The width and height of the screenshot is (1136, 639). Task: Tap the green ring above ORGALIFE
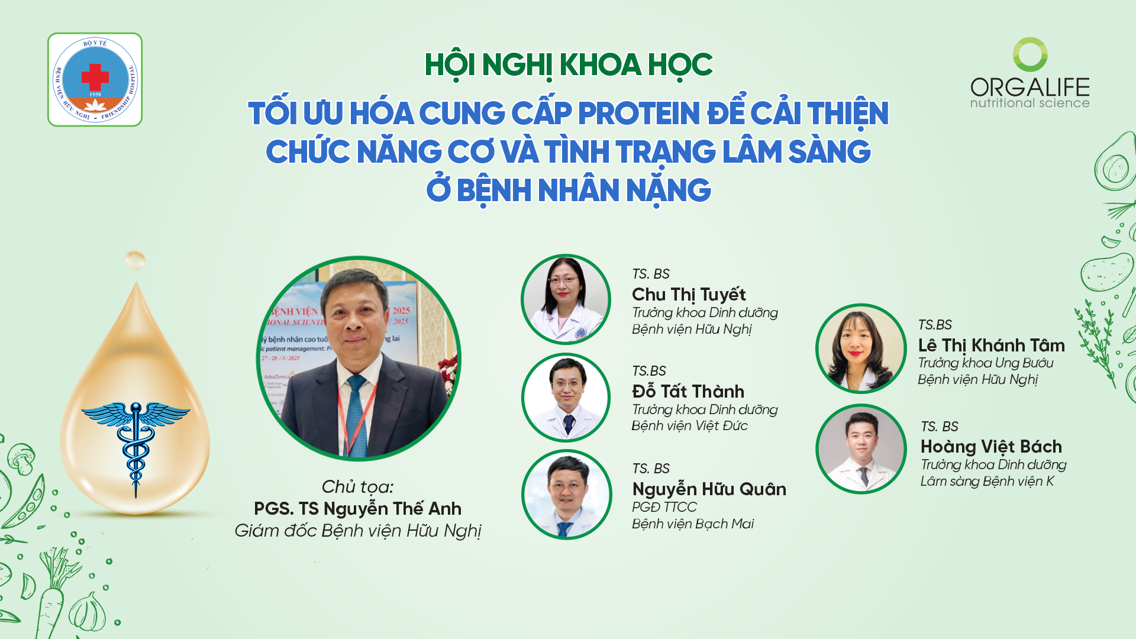1030,54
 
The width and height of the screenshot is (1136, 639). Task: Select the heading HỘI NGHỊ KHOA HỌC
569,64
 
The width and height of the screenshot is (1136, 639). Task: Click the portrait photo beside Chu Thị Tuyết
566,299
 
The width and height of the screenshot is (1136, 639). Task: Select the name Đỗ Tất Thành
688,391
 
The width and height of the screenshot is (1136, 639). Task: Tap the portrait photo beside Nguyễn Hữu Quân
566,495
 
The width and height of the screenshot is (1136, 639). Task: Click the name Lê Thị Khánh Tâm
991,345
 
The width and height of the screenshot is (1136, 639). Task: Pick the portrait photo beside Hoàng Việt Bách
861,449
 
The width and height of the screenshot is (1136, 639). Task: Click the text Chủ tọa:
357,486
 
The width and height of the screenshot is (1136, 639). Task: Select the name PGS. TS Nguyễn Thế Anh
357,508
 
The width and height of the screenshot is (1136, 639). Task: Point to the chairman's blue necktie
357,414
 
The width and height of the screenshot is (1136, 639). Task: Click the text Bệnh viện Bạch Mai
693,524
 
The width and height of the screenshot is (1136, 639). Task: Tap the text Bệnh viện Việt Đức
689,425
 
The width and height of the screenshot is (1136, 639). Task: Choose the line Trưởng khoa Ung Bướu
985,363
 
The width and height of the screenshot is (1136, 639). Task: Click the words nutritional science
1029,103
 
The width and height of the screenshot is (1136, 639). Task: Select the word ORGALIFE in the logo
1029,87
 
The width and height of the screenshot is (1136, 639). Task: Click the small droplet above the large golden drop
135,259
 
